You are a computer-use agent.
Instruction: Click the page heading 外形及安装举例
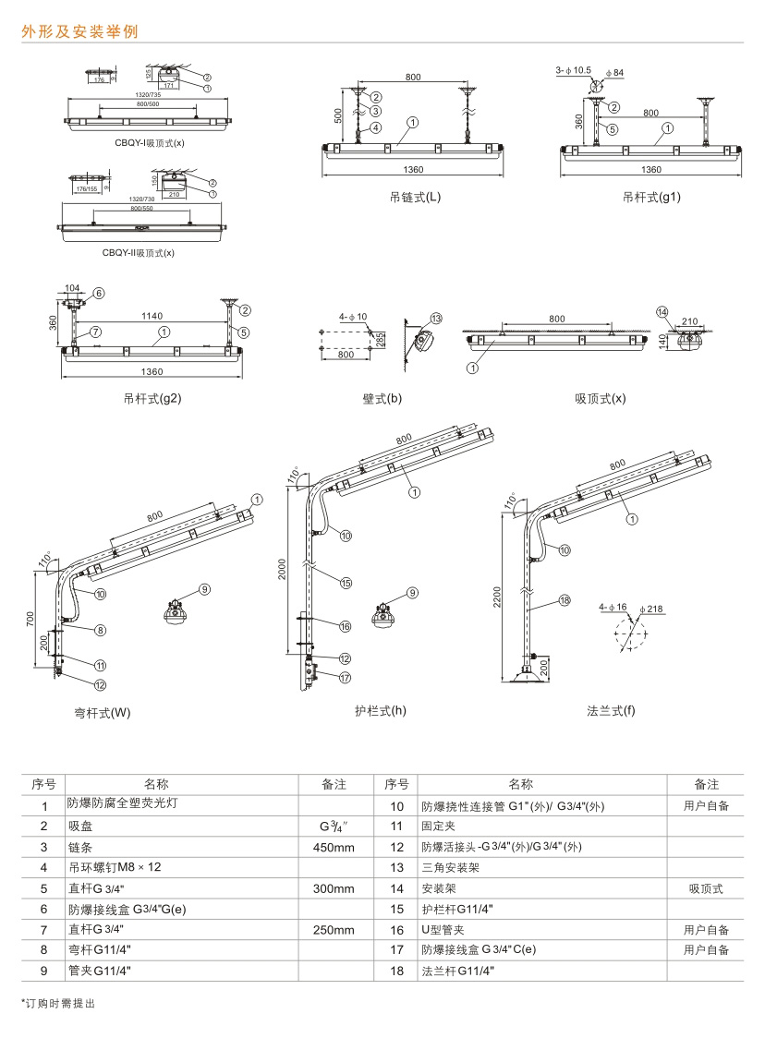[80, 31]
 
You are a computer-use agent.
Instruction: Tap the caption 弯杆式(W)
[103, 713]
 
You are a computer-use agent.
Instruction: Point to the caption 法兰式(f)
[611, 710]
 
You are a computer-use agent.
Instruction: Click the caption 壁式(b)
[382, 398]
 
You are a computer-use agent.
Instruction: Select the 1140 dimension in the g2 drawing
[152, 316]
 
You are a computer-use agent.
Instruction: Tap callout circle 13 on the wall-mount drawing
[436, 318]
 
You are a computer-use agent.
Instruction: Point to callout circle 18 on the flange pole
[565, 600]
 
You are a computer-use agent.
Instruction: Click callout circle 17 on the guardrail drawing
[346, 677]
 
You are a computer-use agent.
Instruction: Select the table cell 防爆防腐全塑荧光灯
[123, 804]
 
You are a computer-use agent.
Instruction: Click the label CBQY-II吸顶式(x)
[138, 252]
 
